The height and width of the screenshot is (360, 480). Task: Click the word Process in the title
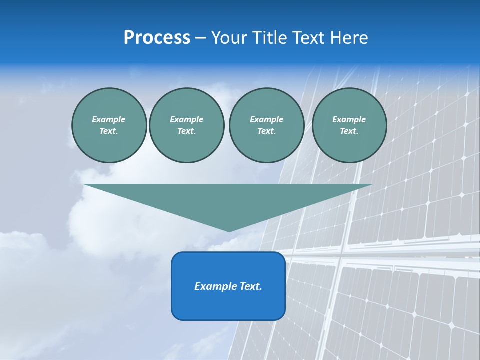click(x=157, y=38)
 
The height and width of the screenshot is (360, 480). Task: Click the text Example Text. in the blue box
click(x=228, y=286)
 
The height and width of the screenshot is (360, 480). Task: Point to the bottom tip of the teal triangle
click(x=229, y=230)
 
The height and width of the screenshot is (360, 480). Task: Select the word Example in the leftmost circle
click(x=109, y=119)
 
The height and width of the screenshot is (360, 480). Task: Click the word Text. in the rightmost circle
click(x=349, y=131)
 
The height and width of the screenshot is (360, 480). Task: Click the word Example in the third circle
click(x=266, y=119)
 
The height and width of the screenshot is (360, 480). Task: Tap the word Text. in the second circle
click(x=186, y=131)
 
